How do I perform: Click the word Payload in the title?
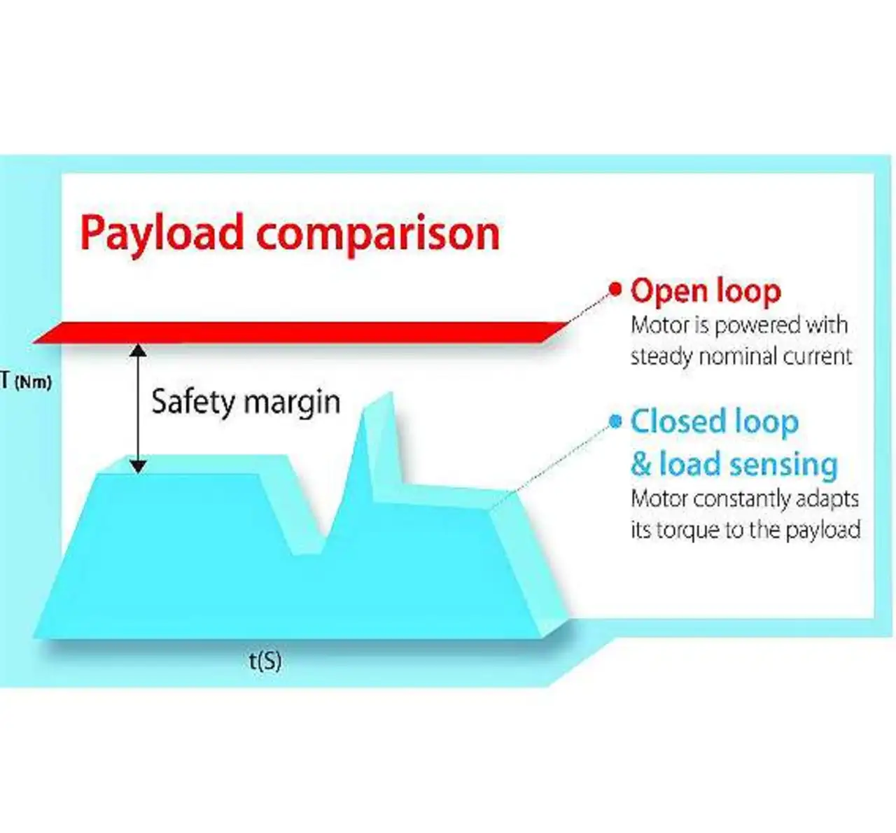point(162,233)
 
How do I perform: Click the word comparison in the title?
point(378,233)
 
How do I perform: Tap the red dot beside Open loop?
point(615,288)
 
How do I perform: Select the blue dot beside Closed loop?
point(615,421)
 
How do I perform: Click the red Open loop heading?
point(706,290)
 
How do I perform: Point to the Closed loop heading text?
point(714,422)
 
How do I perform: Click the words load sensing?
point(748,464)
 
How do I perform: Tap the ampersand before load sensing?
point(641,464)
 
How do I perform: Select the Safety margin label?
point(246,402)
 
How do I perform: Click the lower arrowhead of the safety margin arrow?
point(139,465)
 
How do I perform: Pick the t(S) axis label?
point(265,660)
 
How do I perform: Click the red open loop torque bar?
point(301,332)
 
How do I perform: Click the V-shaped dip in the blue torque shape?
point(308,546)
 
